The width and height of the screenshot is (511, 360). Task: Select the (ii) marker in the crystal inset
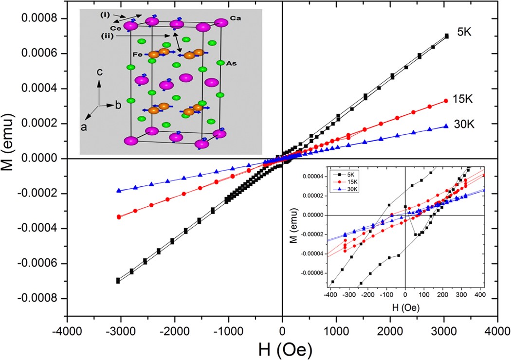point(108,36)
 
